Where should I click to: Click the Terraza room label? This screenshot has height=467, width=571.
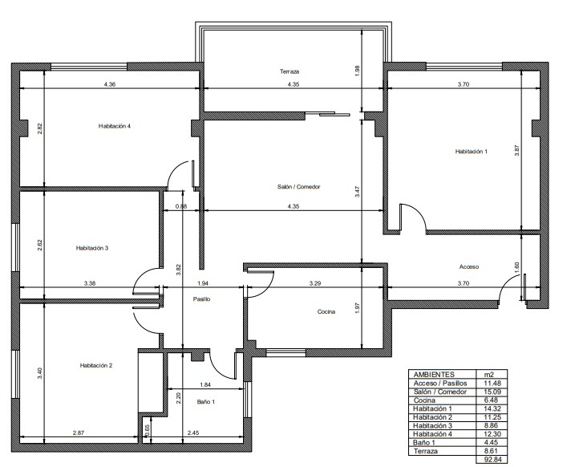point(290,71)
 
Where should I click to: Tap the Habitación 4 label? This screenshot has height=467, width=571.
point(115,126)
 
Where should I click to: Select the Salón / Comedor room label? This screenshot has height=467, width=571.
point(298,186)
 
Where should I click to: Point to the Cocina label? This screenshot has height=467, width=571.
point(326,311)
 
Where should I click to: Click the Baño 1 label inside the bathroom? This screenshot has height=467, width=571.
point(206,402)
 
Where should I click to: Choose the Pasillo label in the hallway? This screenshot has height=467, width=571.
point(201,299)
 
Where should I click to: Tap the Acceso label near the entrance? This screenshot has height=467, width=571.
point(469,266)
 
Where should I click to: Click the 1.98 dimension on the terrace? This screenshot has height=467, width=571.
point(357,71)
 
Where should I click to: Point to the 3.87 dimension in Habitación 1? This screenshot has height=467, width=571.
point(516,151)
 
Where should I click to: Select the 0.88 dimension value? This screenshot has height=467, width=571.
point(181,206)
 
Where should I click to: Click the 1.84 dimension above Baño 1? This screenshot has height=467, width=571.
point(205,384)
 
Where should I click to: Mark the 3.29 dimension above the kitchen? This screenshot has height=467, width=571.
point(315,283)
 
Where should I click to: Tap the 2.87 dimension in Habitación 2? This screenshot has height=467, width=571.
point(79,432)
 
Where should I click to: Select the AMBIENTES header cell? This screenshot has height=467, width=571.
point(434,375)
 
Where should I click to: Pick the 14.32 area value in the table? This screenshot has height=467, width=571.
point(492,408)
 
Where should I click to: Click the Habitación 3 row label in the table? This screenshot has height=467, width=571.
point(432,425)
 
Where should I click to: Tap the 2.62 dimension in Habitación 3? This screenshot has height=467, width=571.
point(40,245)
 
